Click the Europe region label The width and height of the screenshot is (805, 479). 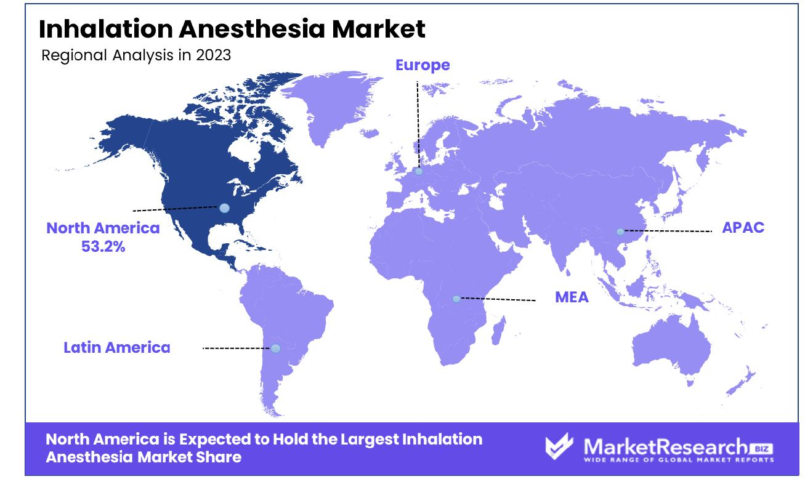(x=423, y=65)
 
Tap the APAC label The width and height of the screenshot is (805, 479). (x=743, y=227)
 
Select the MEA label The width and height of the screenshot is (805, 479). (x=572, y=297)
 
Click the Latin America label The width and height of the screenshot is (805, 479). (x=117, y=347)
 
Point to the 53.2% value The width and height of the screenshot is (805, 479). (x=103, y=246)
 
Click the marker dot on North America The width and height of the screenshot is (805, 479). (x=224, y=208)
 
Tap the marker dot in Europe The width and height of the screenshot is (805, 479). (x=419, y=171)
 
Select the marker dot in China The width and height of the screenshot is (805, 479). (x=620, y=231)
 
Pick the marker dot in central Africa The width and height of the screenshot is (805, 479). (x=456, y=299)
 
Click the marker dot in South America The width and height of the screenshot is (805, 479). (x=276, y=348)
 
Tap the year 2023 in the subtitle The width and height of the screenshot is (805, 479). (x=214, y=55)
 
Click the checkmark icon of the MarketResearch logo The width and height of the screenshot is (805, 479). (x=559, y=446)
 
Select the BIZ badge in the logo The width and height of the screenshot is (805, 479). (x=761, y=449)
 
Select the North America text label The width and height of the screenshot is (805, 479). (x=103, y=228)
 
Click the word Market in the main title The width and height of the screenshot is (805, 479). (x=378, y=29)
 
